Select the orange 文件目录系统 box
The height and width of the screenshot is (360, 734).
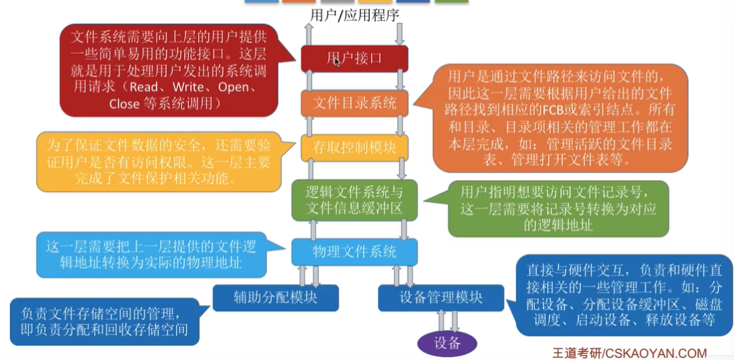[354, 103]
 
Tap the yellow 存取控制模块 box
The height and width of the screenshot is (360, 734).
[354, 147]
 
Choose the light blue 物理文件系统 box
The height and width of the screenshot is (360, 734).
[354, 252]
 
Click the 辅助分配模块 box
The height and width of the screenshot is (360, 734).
[275, 297]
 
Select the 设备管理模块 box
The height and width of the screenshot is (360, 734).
[441, 297]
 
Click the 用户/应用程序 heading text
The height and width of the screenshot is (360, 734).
[354, 15]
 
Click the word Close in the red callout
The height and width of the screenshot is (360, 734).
[124, 104]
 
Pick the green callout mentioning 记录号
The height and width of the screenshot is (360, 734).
[557, 208]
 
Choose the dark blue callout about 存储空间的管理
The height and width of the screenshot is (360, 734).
[102, 322]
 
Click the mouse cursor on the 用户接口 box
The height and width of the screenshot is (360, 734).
[337, 62]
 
